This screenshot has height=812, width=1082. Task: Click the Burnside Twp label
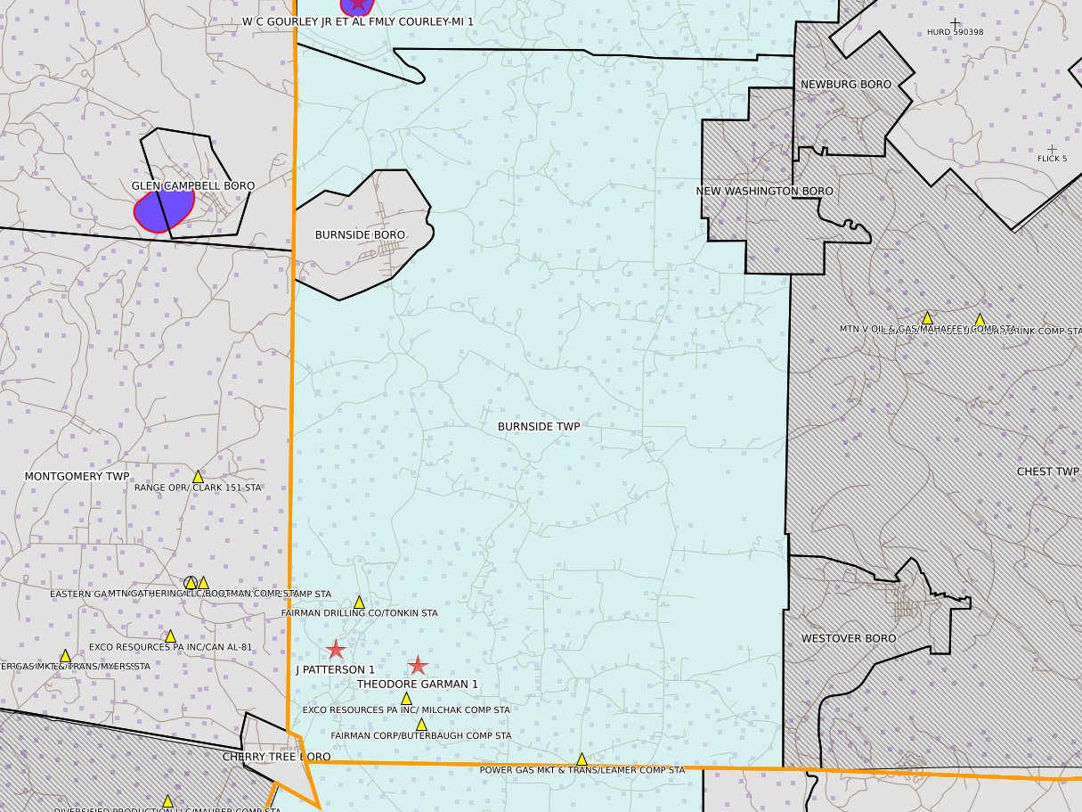(539, 427)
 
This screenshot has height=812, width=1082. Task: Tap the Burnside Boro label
(360, 235)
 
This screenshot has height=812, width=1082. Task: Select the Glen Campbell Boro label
(193, 186)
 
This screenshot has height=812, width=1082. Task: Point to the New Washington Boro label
(764, 192)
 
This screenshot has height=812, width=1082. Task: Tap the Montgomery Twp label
(77, 477)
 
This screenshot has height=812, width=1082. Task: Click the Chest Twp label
(1047, 472)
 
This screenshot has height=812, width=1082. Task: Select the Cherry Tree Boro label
(276, 757)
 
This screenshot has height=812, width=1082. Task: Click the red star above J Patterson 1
(336, 650)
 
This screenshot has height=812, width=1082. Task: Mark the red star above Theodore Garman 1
(418, 665)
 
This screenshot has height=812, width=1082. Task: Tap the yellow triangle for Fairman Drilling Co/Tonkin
(360, 603)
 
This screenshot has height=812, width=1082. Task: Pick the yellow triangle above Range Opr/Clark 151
(198, 477)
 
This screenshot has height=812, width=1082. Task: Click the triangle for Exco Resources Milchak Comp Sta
(406, 699)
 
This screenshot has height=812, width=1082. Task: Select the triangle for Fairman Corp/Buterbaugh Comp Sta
(421, 725)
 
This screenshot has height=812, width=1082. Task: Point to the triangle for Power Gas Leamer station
(582, 759)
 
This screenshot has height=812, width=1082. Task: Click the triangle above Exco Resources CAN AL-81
(170, 636)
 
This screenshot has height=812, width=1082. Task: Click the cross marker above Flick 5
(1052, 150)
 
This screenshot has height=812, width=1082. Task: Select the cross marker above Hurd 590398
(956, 23)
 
